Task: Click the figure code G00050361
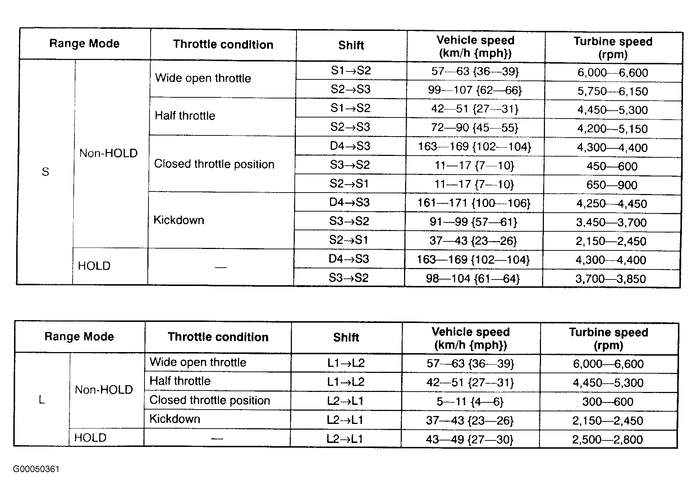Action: [36, 469]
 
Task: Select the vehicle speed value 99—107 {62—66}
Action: [475, 90]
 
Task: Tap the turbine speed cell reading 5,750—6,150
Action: [613, 91]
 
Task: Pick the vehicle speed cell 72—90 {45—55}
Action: [475, 128]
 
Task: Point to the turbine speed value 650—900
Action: [612, 185]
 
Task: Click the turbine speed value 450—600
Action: [612, 166]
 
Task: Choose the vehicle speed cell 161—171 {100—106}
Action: [474, 203]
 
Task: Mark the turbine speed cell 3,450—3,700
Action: [611, 222]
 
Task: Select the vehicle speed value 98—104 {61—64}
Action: [473, 278]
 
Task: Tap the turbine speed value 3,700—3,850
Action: [611, 279]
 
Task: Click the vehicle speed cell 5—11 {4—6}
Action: [470, 401]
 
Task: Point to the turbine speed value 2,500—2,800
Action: [607, 439]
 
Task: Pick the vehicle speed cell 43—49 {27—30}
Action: [469, 439]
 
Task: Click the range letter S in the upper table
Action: [45, 172]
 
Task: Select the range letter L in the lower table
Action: [42, 399]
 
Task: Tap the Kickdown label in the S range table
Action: [179, 220]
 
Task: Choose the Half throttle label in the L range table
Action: [180, 381]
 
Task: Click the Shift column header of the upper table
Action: [351, 45]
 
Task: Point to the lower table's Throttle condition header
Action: [218, 337]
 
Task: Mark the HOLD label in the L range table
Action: [90, 438]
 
